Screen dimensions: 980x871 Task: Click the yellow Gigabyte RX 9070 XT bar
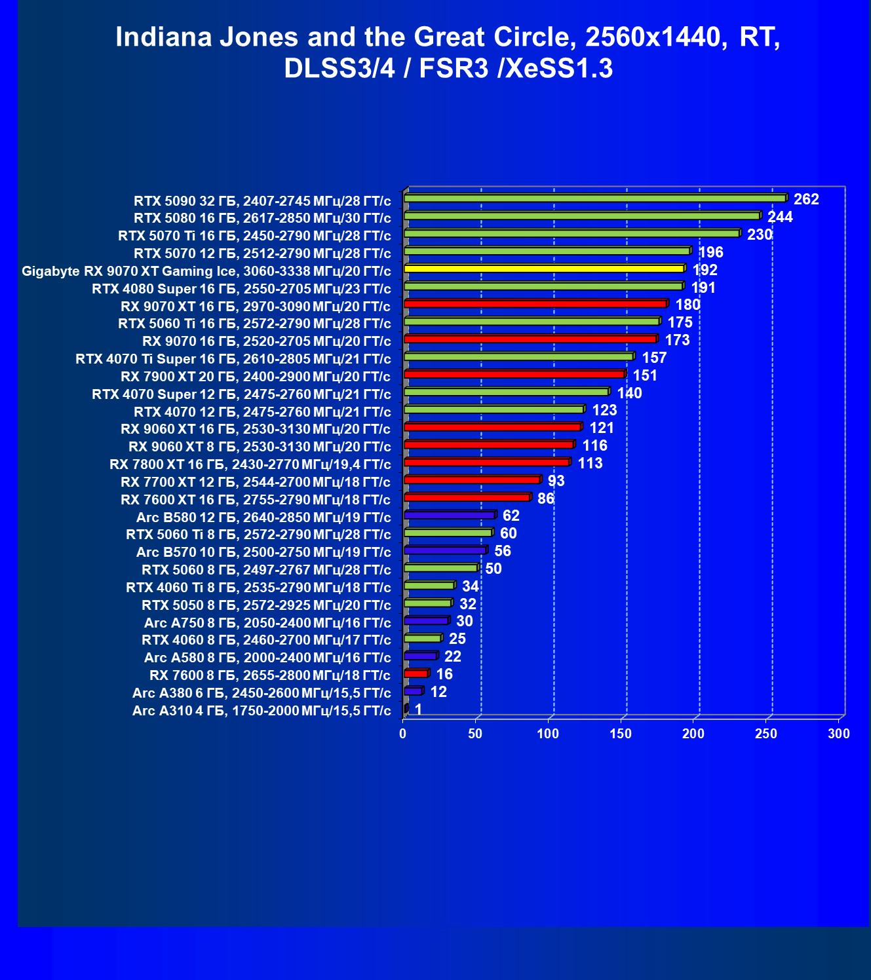coord(544,269)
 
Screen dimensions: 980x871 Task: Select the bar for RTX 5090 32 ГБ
coord(595,198)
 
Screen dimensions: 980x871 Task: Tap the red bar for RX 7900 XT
coord(514,374)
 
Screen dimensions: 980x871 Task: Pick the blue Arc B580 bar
coord(450,515)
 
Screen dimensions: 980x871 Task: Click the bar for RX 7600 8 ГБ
coord(416,673)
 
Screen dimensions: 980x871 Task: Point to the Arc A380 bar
coord(414,691)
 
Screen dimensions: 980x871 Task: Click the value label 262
coord(806,199)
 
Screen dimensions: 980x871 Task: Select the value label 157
coord(654,358)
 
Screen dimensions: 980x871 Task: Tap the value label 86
coord(545,499)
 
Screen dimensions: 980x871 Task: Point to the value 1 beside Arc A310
coord(418,709)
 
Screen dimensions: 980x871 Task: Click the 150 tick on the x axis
coord(621,734)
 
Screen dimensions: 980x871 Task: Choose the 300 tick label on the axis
coord(839,734)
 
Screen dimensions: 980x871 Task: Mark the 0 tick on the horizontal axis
coord(403,734)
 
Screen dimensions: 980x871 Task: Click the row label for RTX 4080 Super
coord(241,289)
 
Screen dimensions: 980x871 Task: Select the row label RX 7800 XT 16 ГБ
coord(250,464)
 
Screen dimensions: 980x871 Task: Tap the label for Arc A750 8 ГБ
coord(267,622)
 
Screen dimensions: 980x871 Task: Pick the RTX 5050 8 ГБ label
coord(266,605)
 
